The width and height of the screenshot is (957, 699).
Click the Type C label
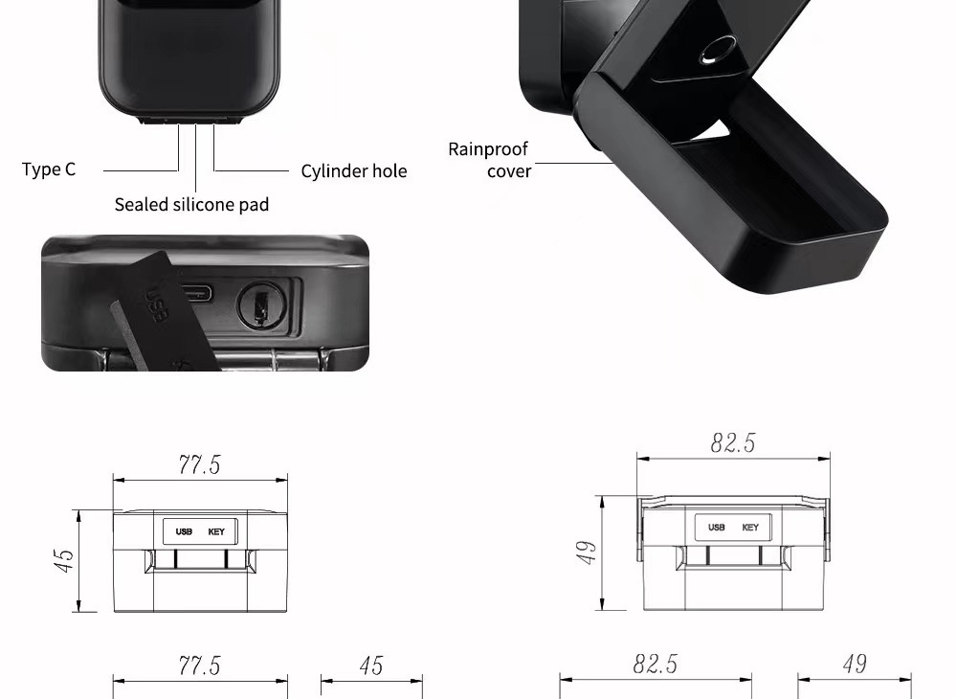click(49, 169)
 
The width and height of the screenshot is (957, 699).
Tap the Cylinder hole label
click(354, 171)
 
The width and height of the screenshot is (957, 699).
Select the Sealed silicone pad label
click(191, 204)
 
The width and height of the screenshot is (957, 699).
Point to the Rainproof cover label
click(489, 160)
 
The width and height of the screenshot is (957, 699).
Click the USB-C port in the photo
click(196, 294)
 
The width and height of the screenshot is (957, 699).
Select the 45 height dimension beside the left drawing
click(64, 560)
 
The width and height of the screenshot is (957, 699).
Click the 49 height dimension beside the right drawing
click(586, 552)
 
